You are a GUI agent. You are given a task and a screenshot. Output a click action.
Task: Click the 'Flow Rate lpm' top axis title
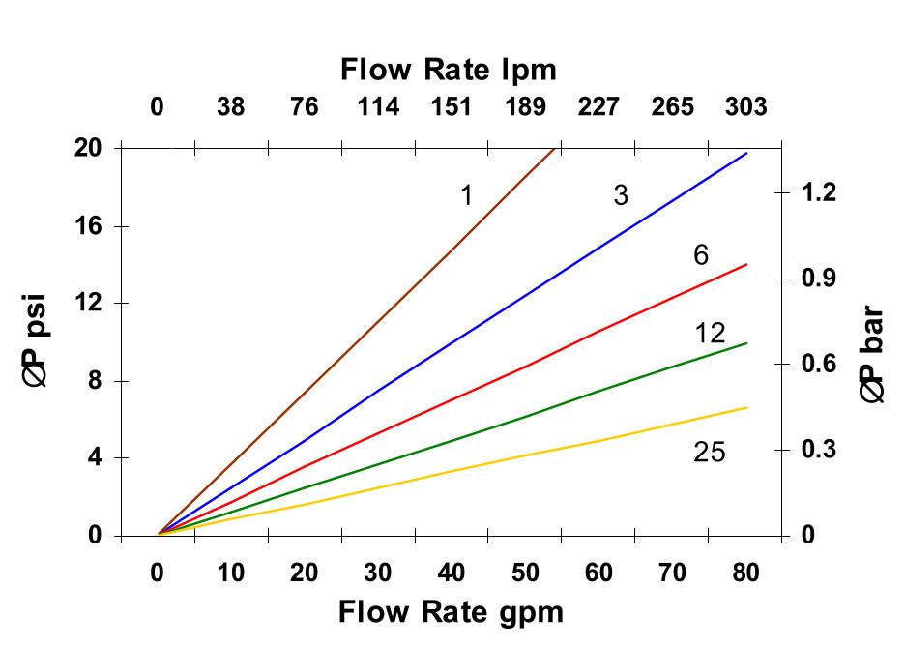click(x=448, y=70)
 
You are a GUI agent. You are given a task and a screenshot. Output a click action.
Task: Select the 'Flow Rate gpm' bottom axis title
click(x=450, y=611)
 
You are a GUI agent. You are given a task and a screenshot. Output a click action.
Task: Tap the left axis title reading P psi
click(x=37, y=340)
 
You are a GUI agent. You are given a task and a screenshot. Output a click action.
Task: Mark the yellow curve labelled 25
click(x=527, y=455)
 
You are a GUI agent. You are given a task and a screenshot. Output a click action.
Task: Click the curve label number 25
click(x=709, y=452)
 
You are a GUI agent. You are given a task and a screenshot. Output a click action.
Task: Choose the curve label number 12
click(x=710, y=334)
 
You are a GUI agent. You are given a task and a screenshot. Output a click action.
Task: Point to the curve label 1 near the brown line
click(x=466, y=196)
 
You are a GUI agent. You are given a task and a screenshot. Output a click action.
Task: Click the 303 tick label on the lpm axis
click(x=746, y=106)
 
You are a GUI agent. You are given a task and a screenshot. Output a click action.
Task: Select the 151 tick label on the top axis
click(x=452, y=106)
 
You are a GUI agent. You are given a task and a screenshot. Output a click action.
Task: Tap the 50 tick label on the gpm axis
click(x=525, y=573)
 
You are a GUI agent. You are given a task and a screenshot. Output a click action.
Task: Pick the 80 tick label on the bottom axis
click(x=745, y=573)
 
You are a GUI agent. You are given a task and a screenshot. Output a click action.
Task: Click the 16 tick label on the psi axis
click(x=89, y=225)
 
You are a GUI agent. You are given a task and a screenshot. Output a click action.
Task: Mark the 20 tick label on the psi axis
click(x=89, y=148)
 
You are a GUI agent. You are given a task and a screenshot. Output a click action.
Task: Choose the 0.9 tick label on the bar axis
click(x=819, y=279)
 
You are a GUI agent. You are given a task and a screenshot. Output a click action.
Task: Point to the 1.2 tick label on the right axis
click(x=819, y=192)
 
